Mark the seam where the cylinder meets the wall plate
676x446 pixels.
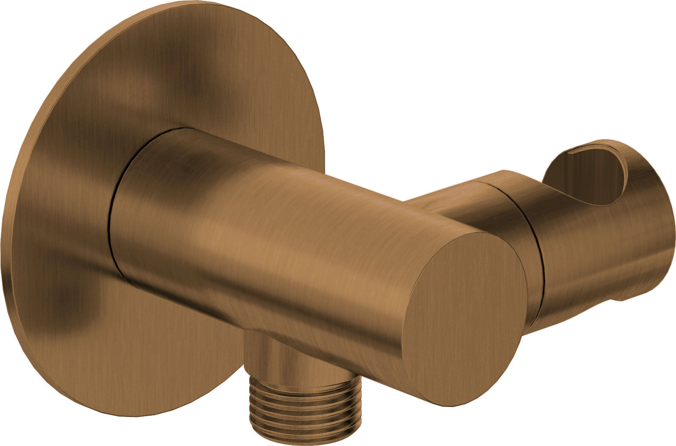[x=113, y=215]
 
